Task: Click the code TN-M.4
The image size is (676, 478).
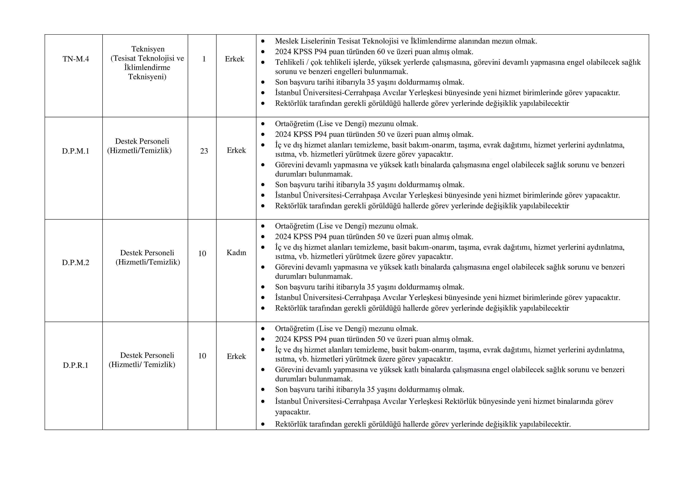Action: point(76,59)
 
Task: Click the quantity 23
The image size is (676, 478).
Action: point(204,151)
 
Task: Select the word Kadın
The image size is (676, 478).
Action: point(236,253)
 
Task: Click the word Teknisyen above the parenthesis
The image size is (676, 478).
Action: point(148,49)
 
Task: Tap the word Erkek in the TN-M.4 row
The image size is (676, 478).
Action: point(234,59)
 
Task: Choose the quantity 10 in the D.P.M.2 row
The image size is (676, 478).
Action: point(202,253)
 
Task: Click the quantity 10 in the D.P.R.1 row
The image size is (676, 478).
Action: point(202,356)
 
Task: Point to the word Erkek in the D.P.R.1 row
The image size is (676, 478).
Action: point(236,356)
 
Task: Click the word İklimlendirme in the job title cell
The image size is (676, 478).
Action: point(147,67)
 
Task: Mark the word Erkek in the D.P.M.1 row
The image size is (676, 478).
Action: point(236,150)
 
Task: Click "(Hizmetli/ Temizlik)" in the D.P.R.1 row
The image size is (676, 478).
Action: point(142,365)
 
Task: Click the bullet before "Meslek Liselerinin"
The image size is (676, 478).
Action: point(263,41)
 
